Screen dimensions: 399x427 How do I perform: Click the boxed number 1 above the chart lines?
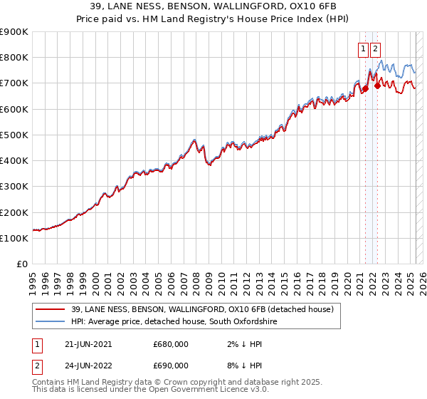click(x=364, y=49)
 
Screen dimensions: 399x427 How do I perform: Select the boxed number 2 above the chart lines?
click(x=375, y=49)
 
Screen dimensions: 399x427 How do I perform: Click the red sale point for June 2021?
click(x=365, y=88)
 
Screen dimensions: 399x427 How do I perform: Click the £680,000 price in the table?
click(x=171, y=344)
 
